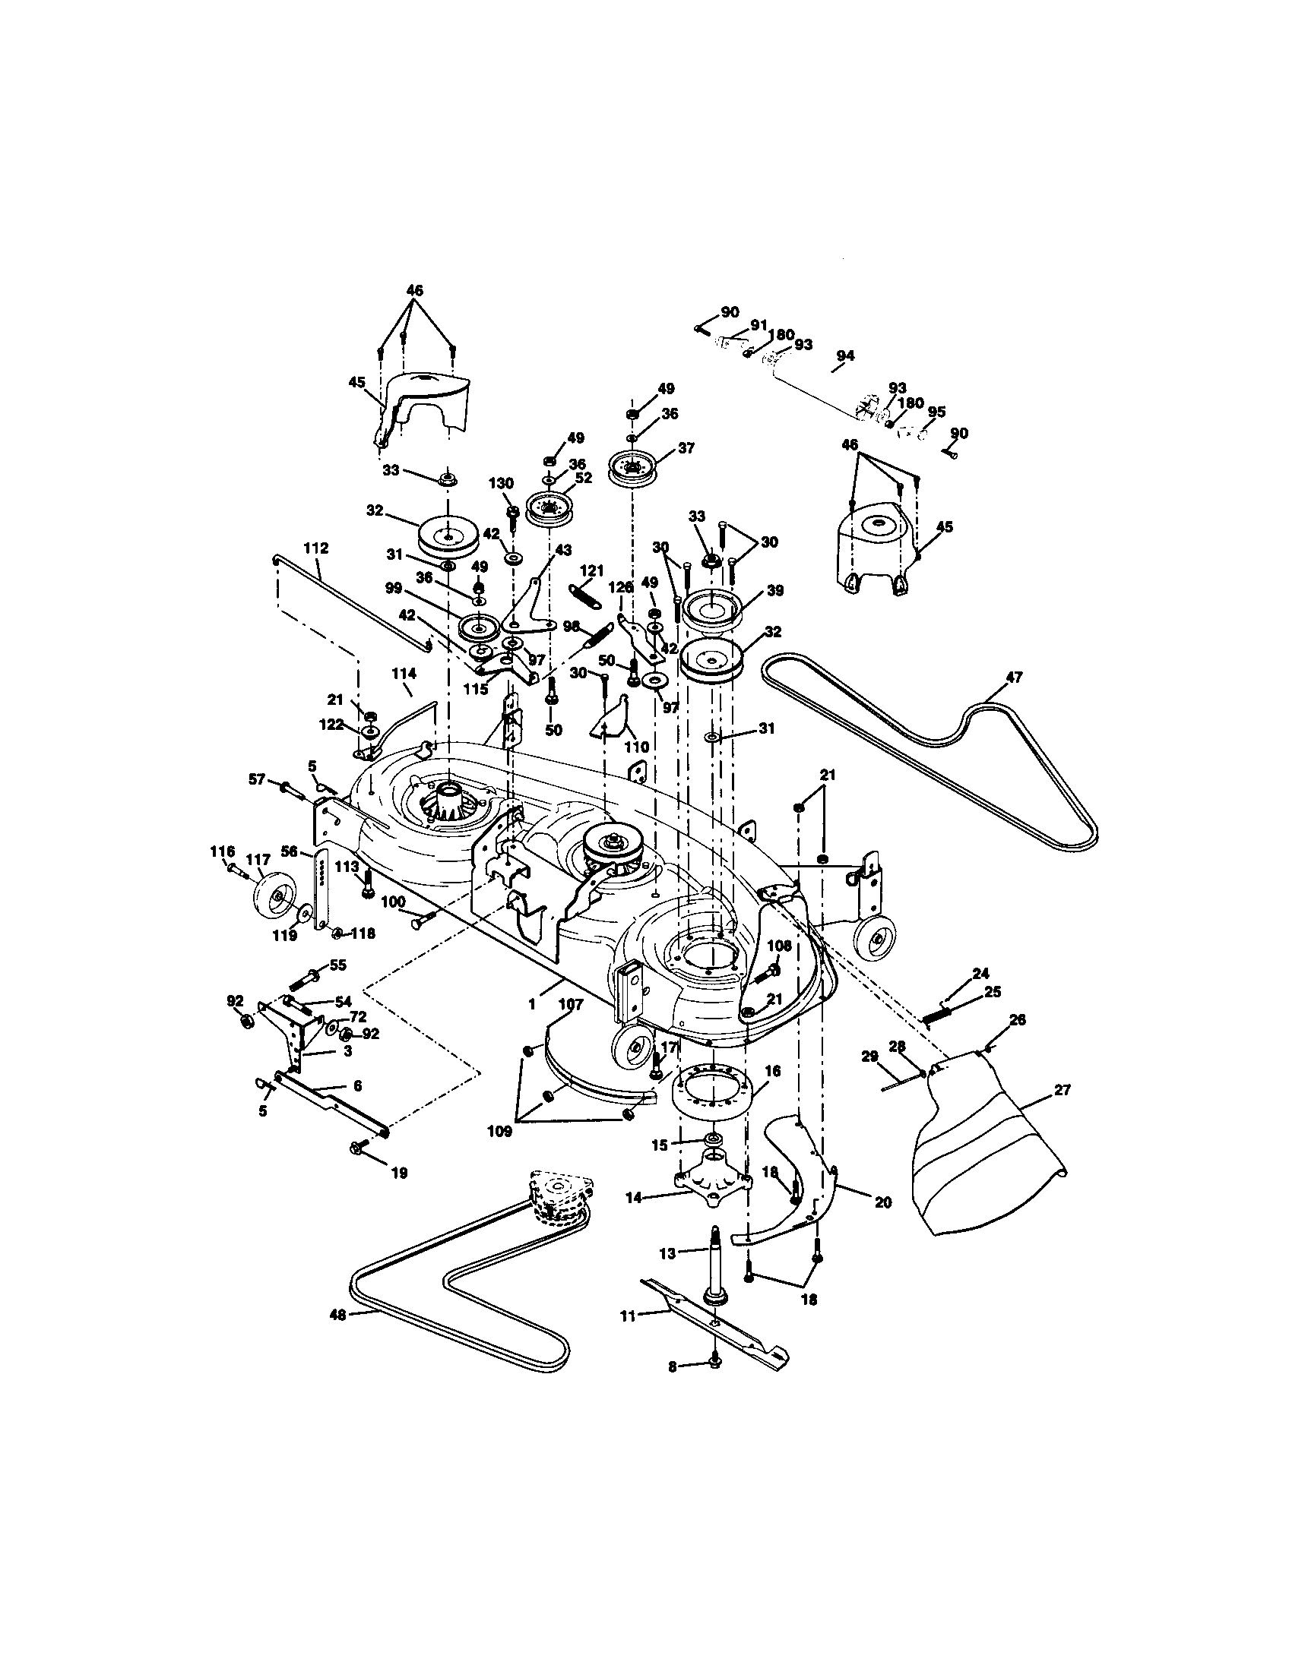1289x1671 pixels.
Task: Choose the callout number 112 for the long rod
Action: pyautogui.click(x=315, y=548)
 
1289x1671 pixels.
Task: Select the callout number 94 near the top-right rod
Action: pyautogui.click(x=845, y=355)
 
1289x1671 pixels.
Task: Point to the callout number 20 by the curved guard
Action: pyautogui.click(x=882, y=1202)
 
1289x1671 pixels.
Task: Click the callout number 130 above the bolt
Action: pyautogui.click(x=502, y=484)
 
